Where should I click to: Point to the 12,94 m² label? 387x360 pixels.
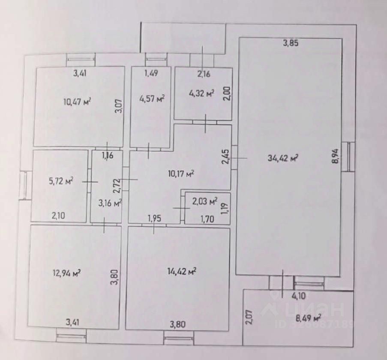(x=67, y=273)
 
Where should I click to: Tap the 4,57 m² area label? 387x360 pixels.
(x=152, y=99)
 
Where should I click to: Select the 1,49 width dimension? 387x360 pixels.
(x=151, y=73)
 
